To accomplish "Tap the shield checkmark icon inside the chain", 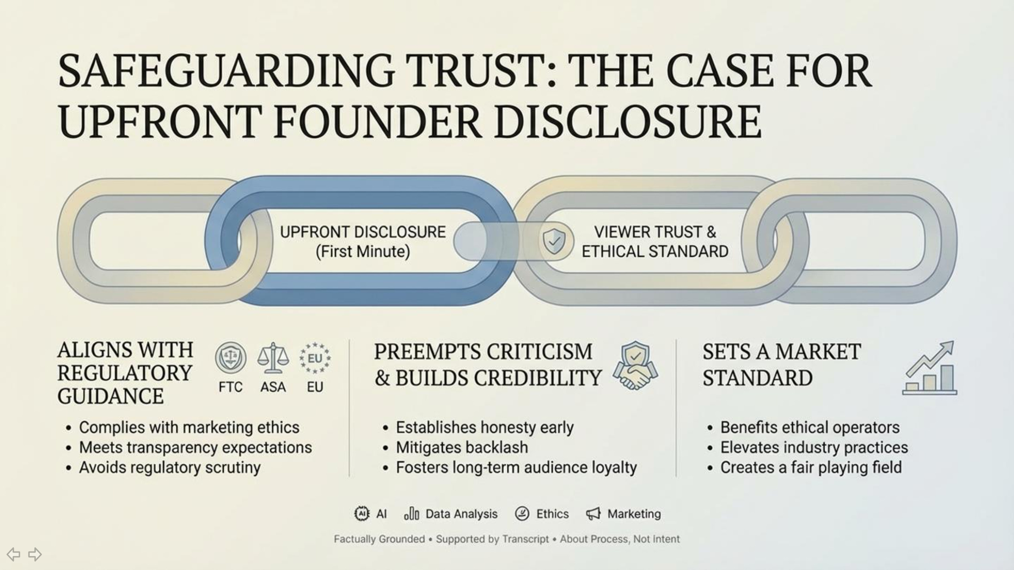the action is coord(553,241).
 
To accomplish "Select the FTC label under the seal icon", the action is coord(231,387).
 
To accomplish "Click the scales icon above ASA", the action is coord(273,358).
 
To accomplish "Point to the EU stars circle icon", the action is coord(315,358).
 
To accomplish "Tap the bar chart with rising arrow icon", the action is coord(930,368).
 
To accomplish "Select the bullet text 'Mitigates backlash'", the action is coord(462,447).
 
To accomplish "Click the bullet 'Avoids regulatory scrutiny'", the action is coord(170,467).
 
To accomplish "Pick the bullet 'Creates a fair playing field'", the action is coord(811,467).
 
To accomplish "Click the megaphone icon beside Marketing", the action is coord(593,514).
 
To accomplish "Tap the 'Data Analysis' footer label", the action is coord(461,514).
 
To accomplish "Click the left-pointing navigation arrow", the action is coord(13,554).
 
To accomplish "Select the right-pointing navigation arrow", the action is coord(35,554).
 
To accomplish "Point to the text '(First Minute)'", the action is coord(363,252).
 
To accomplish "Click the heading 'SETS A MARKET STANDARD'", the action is coord(781,364).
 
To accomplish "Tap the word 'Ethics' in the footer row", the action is coord(552,514).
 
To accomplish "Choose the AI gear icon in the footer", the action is coord(361,514).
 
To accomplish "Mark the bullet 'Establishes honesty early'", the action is coord(484,427).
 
